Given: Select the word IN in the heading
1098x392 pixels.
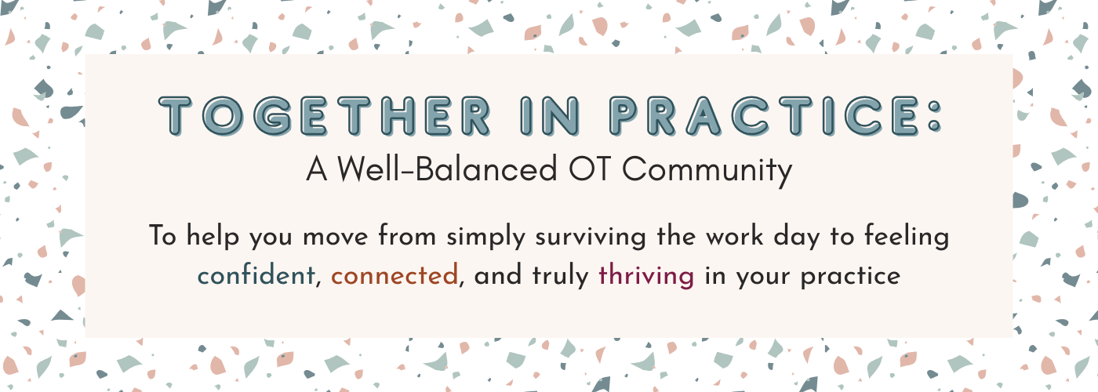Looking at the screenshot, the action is [550, 116].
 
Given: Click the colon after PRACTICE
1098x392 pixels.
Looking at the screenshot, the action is [935, 116].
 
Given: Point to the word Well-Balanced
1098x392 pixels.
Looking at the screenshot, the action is [447, 169].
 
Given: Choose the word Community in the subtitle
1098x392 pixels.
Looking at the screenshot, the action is [707, 172].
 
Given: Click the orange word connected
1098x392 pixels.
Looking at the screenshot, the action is [394, 275].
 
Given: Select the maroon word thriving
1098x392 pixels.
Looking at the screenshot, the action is [646, 275].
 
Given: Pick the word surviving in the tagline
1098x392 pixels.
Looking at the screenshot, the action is [590, 236].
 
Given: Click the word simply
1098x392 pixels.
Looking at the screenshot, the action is [485, 236].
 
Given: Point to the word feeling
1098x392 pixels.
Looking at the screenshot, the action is [907, 236].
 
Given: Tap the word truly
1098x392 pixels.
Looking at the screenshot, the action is [561, 275].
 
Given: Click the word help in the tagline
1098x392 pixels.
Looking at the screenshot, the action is [213, 236].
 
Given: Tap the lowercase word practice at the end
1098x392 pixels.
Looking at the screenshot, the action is [850, 276].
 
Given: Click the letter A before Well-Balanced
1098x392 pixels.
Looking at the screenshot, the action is [317, 169].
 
